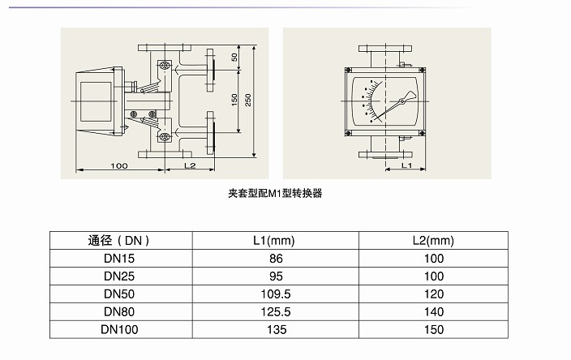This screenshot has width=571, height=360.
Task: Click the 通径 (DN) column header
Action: tap(118, 241)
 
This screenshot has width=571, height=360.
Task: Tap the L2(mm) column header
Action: tap(433, 241)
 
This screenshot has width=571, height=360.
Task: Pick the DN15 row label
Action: tap(119, 259)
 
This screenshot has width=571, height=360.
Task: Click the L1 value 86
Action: tap(276, 259)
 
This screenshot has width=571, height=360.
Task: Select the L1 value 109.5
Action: tap(276, 294)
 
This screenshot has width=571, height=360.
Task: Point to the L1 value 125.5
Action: tap(276, 312)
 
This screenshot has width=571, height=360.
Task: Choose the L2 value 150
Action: tap(434, 330)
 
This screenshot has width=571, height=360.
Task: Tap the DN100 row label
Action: tap(119, 330)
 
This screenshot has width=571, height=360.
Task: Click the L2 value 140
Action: tap(434, 312)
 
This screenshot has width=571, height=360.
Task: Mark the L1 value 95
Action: tap(276, 276)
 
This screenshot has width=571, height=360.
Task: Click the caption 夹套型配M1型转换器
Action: tap(275, 193)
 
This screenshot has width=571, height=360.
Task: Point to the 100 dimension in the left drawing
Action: tap(119, 166)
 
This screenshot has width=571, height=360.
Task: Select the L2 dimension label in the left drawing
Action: tap(190, 165)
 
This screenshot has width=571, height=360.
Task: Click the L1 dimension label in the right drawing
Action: tap(406, 165)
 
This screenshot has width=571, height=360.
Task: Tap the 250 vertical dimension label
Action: tap(248, 100)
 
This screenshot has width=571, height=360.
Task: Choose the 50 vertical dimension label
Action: tap(234, 57)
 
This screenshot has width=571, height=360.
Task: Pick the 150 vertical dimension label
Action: tap(234, 100)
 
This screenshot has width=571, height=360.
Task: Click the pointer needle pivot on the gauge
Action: tap(401, 101)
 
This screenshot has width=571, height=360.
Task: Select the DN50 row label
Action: tap(119, 294)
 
